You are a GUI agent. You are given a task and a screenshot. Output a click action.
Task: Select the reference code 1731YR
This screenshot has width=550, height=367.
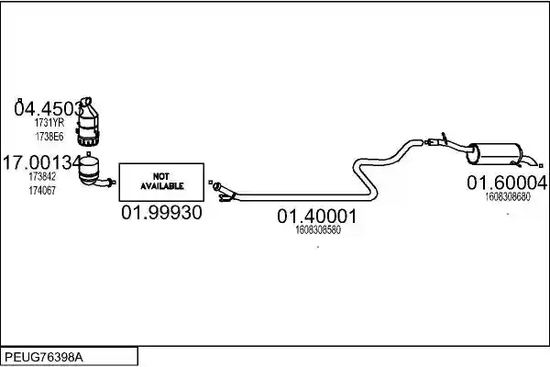[49, 123]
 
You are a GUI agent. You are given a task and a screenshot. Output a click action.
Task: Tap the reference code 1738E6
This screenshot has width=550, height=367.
[49, 137]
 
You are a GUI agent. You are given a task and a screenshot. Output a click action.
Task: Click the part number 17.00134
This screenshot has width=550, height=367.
[42, 162]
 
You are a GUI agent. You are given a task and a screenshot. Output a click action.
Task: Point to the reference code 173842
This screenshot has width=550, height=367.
[42, 177]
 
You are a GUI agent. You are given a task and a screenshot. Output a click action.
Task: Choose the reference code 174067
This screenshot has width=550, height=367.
[42, 190]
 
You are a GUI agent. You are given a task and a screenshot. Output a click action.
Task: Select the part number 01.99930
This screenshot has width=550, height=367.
[161, 213]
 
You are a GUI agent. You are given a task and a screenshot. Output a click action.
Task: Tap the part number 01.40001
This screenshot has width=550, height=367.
[317, 216]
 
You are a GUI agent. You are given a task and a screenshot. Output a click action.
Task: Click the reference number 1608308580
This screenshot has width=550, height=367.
[318, 230]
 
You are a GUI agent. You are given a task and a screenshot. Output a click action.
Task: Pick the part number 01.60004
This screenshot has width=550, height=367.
[507, 183]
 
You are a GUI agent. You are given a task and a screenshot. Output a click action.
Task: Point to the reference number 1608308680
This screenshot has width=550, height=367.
[508, 196]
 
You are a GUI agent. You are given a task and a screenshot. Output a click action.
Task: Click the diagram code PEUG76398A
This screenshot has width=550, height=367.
[44, 358]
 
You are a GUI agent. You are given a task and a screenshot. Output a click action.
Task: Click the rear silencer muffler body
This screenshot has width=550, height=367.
[495, 153]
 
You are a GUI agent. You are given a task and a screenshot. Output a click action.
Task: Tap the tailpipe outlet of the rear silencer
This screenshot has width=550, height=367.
[531, 161]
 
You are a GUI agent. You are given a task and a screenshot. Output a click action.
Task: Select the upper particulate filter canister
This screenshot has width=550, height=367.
[88, 123]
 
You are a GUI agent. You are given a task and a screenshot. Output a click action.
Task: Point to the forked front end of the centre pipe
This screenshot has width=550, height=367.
[224, 192]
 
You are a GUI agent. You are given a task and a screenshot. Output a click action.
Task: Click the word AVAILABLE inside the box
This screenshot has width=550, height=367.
[162, 185]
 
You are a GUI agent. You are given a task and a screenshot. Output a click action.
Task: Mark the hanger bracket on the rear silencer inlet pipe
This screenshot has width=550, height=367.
[444, 138]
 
